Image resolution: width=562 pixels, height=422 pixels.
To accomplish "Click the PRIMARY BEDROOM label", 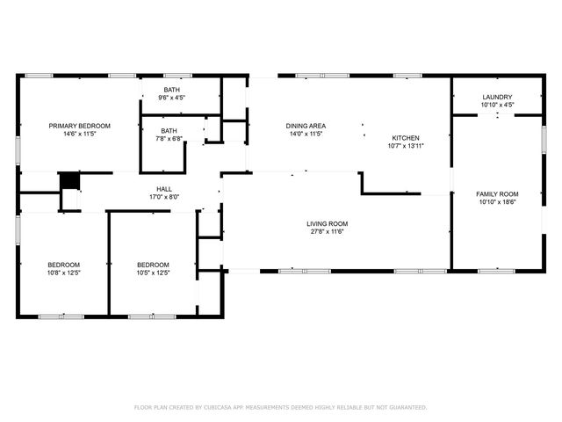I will [x=79, y=126].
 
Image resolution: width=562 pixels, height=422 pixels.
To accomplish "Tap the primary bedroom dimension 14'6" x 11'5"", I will [x=79, y=135].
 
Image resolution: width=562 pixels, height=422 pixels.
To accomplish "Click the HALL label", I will [x=164, y=189].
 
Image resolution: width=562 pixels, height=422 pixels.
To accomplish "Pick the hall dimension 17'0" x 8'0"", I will [x=164, y=198].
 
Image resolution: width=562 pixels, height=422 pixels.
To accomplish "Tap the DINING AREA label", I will [x=306, y=126].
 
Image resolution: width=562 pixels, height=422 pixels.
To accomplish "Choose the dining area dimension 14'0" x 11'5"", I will [x=306, y=135].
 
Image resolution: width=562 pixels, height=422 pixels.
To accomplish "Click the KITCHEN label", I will [x=406, y=138].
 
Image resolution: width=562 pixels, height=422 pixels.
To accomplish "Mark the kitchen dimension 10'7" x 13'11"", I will [x=406, y=147].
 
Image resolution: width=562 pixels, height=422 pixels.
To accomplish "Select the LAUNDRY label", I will [x=497, y=97].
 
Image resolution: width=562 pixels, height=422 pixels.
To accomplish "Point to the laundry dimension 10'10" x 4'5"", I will [x=497, y=105].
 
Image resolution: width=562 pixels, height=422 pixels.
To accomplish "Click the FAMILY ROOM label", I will [x=497, y=193].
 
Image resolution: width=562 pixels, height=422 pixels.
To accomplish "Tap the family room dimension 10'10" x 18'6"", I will [x=497, y=202].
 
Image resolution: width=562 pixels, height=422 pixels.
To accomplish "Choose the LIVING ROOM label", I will [x=328, y=223].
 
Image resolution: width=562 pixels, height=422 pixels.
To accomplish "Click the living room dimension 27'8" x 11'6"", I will [x=328, y=232].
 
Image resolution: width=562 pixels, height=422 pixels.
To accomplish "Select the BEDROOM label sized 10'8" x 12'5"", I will [x=63, y=265].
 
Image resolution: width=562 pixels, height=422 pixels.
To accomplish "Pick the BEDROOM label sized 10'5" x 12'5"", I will [x=153, y=265].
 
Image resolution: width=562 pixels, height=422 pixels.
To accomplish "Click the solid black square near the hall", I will [x=68, y=179].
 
